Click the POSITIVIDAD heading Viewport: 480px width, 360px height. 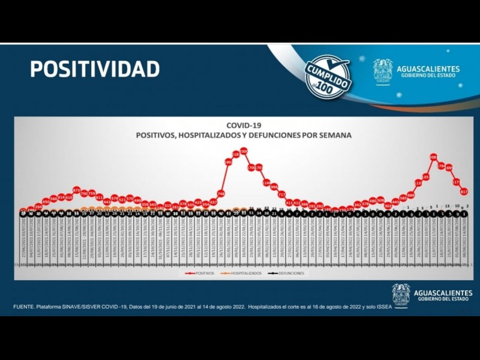click(x=95, y=69)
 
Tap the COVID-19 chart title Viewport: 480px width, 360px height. click(x=244, y=125)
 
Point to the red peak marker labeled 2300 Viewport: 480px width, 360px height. click(x=244, y=151)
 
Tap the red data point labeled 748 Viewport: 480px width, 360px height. click(x=221, y=193)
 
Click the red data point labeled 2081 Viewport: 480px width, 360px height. click(x=433, y=157)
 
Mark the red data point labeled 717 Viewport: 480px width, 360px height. click(x=281, y=194)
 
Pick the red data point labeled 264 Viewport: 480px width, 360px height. click(x=38, y=206)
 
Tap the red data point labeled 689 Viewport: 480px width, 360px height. click(x=411, y=195)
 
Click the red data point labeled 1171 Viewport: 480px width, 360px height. click(x=456, y=181)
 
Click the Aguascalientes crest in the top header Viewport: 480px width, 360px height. click(x=383, y=71)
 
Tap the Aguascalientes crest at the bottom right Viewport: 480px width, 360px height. click(x=401, y=295)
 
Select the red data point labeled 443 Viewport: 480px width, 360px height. click(x=107, y=202)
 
